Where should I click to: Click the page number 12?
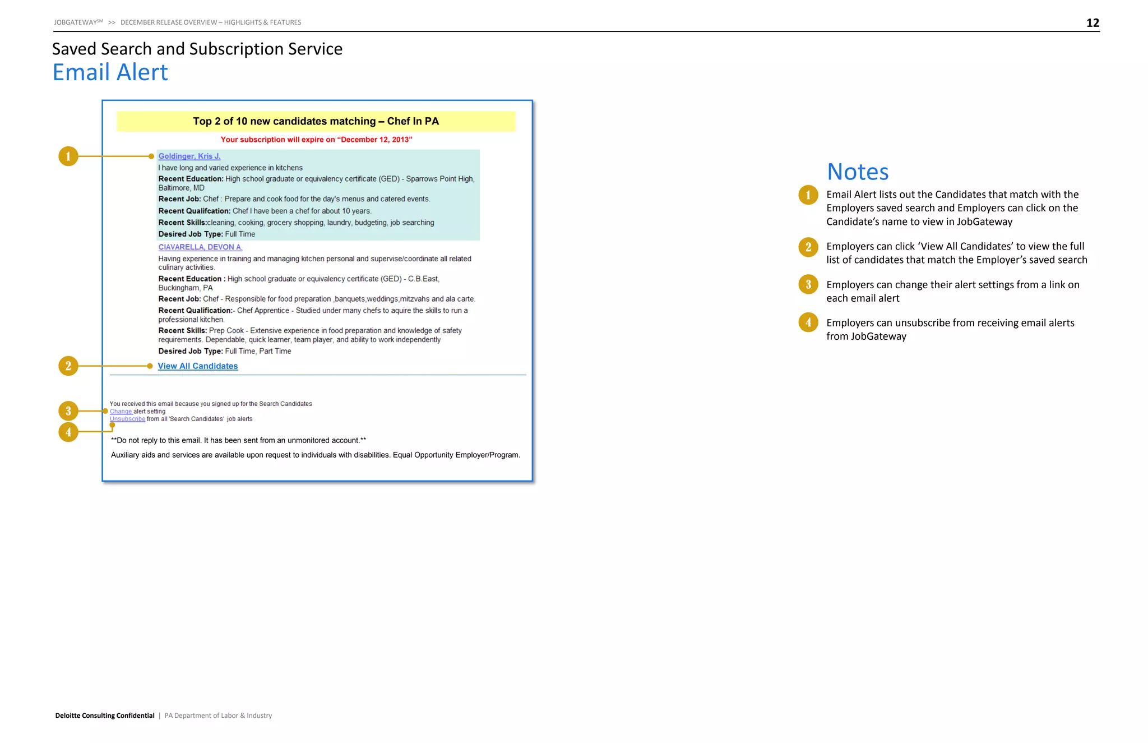[x=1093, y=23]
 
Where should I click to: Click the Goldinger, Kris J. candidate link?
[x=189, y=156]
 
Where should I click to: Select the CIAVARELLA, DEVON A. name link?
[x=200, y=247]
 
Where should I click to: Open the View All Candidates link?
[x=198, y=366]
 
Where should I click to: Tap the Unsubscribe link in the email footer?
[x=127, y=419]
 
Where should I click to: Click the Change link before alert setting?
[x=121, y=412]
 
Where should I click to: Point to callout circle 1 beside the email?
[x=68, y=156]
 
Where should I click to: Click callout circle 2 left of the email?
[x=68, y=366]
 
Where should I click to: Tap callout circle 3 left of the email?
[x=68, y=411]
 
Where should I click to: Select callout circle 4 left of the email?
[x=68, y=432]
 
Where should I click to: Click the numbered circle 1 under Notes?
[x=808, y=195]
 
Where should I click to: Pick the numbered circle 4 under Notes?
[x=808, y=322]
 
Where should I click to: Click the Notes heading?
[x=858, y=172]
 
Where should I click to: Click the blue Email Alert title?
[x=110, y=72]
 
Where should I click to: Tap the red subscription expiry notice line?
[x=316, y=140]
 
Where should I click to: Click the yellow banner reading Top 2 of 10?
[x=316, y=121]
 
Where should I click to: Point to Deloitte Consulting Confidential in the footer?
[x=105, y=716]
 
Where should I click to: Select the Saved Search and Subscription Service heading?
[x=197, y=49]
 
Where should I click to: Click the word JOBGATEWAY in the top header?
[x=76, y=22]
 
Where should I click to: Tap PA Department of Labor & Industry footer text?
[x=218, y=716]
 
